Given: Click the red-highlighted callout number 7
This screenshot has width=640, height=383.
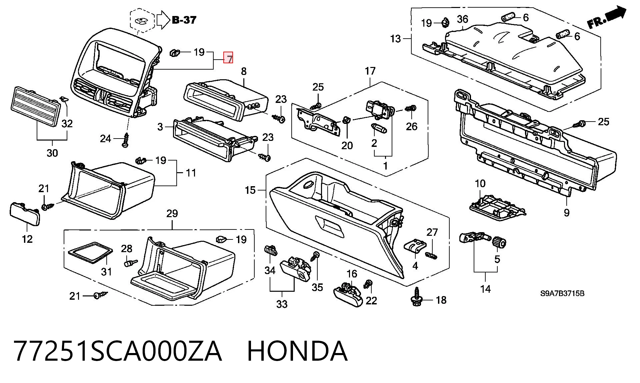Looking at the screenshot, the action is (x=228, y=58).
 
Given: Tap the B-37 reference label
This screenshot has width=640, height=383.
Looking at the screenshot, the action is (x=184, y=20).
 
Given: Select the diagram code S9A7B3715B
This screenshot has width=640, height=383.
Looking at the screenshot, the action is (x=562, y=293).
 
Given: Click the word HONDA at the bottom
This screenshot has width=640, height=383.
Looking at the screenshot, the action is (x=297, y=351).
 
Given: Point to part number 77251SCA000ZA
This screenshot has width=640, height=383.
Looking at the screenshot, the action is (x=118, y=351).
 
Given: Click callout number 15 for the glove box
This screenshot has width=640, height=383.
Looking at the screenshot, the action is (x=250, y=190).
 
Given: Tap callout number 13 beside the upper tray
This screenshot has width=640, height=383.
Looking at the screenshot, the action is (x=395, y=39).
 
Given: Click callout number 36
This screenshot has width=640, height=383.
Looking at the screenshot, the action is (x=462, y=19).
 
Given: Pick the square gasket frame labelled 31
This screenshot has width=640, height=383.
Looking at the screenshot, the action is (x=90, y=254).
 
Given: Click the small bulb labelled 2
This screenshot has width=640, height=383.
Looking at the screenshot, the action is (x=379, y=128).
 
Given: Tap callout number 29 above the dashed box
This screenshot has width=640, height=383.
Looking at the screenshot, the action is (x=172, y=213).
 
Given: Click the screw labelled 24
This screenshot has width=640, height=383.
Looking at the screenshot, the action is (x=126, y=140).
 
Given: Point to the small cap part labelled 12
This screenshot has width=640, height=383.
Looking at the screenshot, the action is (x=24, y=213).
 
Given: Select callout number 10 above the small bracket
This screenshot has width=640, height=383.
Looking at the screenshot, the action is (x=480, y=184).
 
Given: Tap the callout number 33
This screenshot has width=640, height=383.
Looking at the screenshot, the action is (x=282, y=304).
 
